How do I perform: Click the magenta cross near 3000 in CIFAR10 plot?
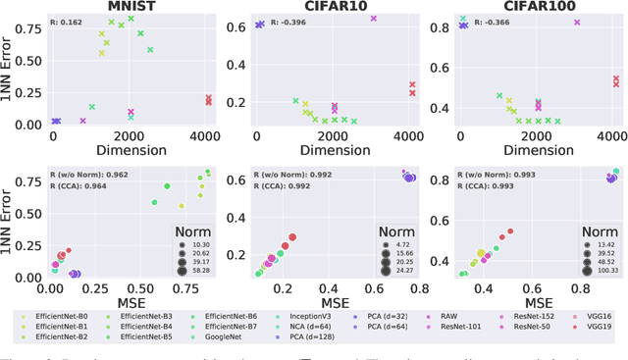pyautogui.click(x=373, y=19)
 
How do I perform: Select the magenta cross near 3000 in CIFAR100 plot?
pyautogui.click(x=577, y=22)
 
